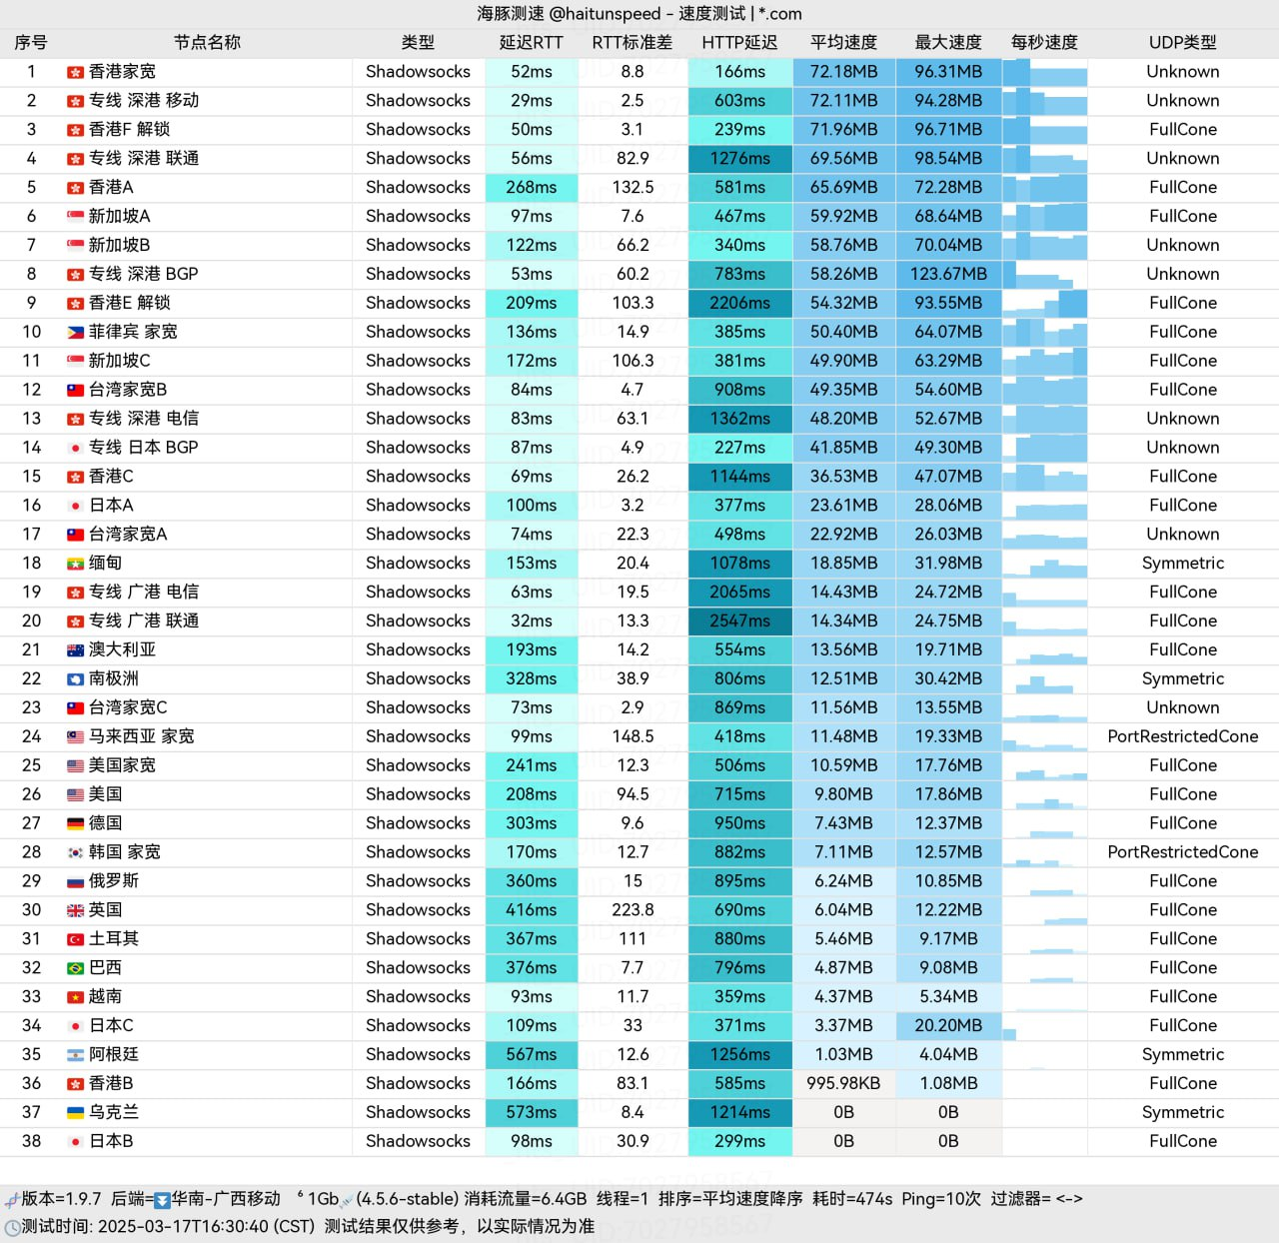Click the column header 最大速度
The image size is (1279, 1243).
pyautogui.click(x=947, y=42)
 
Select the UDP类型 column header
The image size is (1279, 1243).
pyautogui.click(x=1182, y=42)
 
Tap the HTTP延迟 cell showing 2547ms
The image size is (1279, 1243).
pyautogui.click(x=739, y=621)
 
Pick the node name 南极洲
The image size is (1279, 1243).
pyautogui.click(x=113, y=678)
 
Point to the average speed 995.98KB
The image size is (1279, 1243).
pyautogui.click(x=843, y=1083)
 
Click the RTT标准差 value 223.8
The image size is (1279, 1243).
pyautogui.click(x=633, y=909)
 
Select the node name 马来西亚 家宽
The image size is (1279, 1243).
pyautogui.click(x=141, y=736)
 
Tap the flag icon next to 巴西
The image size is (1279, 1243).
pyautogui.click(x=75, y=968)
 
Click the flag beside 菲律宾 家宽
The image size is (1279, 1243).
pyautogui.click(x=75, y=332)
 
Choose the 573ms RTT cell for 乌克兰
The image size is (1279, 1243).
pyautogui.click(x=531, y=1112)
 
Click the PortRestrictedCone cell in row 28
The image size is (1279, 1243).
pyautogui.click(x=1182, y=852)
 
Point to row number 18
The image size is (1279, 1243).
pyautogui.click(x=31, y=563)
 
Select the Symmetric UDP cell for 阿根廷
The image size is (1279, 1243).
pyautogui.click(x=1182, y=1054)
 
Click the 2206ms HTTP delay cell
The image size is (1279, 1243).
pyautogui.click(x=739, y=303)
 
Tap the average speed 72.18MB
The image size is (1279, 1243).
pyautogui.click(x=843, y=72)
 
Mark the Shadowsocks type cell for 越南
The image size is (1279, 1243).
pyautogui.click(x=418, y=996)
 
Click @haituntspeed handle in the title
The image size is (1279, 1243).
pyautogui.click(x=606, y=14)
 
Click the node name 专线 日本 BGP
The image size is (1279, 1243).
pyautogui.click(x=143, y=448)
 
